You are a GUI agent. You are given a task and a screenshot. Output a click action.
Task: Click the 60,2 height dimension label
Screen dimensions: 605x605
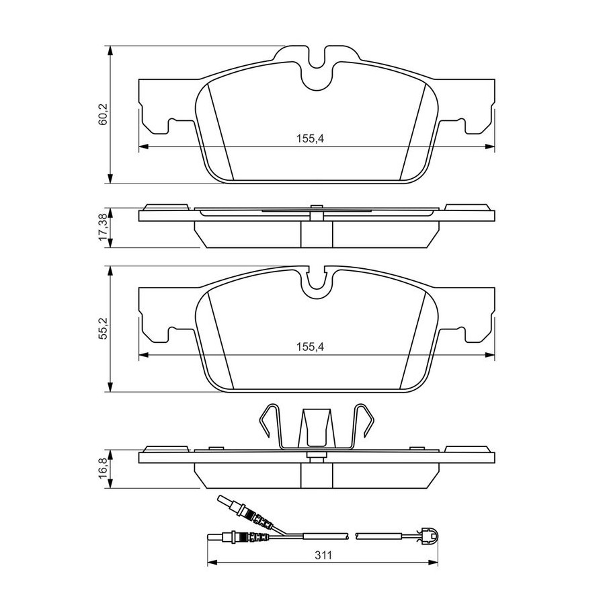click(104, 114)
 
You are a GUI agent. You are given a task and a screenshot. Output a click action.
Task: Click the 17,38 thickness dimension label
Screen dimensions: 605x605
click(104, 228)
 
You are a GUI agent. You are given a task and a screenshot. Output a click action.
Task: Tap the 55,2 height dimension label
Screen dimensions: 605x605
click(104, 328)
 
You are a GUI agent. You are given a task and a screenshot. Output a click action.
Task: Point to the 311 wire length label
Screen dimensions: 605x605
click(323, 555)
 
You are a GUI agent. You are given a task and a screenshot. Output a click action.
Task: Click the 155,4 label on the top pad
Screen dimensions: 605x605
click(310, 138)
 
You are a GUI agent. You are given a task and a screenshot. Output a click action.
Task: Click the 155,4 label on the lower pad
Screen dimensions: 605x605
click(310, 347)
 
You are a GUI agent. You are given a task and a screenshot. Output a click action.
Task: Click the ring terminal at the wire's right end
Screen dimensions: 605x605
click(429, 536)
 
